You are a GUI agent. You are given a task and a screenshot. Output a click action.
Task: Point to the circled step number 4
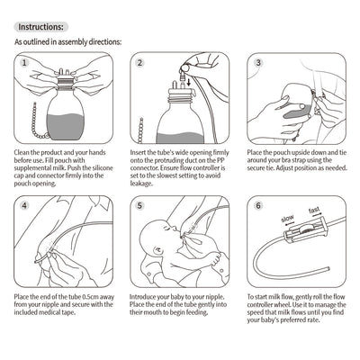click(25, 230)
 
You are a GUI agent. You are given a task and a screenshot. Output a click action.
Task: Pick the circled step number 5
click(140, 230)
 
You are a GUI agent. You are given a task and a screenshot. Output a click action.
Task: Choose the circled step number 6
click(257, 230)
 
